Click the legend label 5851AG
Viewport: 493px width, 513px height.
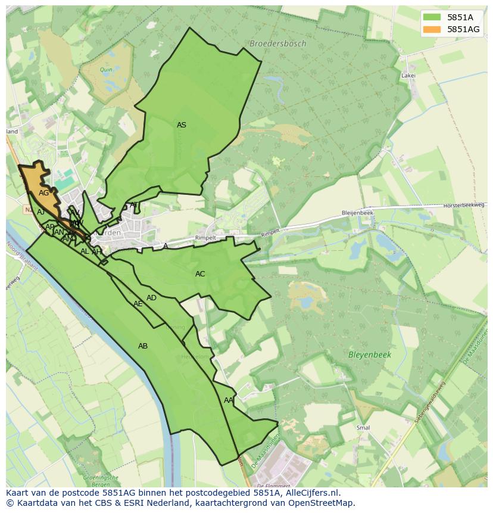click(x=464, y=29)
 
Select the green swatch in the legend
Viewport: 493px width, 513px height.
click(x=432, y=17)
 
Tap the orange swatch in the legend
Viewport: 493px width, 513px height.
click(x=432, y=29)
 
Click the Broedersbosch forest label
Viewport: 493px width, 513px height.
click(x=277, y=43)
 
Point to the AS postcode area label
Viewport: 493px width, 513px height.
click(x=182, y=125)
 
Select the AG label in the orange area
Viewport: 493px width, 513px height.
click(x=43, y=193)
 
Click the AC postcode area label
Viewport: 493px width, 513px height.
click(x=200, y=274)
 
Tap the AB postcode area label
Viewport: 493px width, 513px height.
click(x=143, y=346)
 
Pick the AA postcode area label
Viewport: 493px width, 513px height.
click(x=229, y=400)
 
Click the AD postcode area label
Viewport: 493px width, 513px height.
click(x=151, y=298)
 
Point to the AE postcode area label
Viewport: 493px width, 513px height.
click(x=138, y=304)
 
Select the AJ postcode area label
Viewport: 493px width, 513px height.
click(x=40, y=212)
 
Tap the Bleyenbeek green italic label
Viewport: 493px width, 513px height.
click(x=369, y=355)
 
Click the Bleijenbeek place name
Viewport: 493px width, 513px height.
click(x=357, y=213)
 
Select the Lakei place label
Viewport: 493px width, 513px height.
click(x=408, y=76)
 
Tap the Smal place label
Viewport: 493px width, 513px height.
click(x=363, y=428)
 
